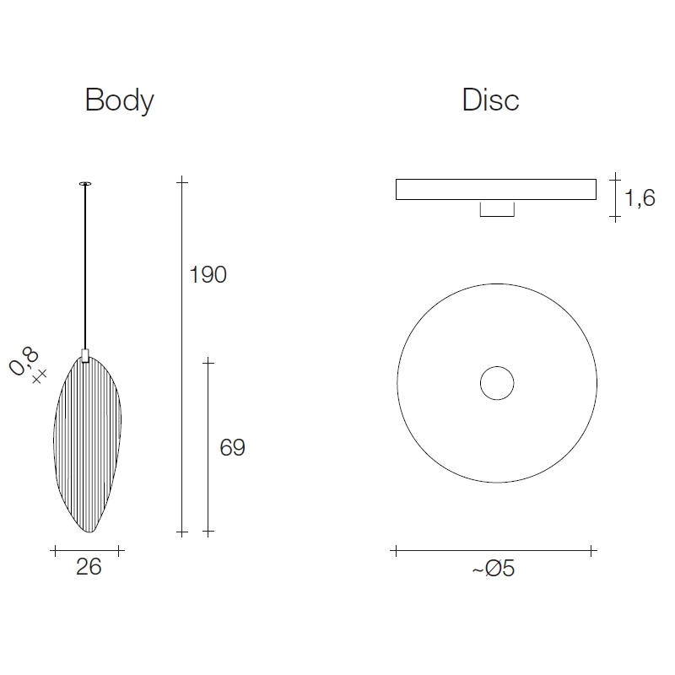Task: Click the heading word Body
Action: pos(119,100)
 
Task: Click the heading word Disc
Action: pos(491,100)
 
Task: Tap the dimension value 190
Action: pos(208,275)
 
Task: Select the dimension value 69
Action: pos(233,447)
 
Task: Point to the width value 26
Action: pos(89,566)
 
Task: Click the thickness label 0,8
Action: pos(24,361)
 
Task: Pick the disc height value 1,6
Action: pos(640,198)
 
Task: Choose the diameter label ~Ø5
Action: pos(494,568)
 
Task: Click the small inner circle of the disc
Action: pos(497,367)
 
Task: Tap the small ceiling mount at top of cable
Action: pos(85,184)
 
